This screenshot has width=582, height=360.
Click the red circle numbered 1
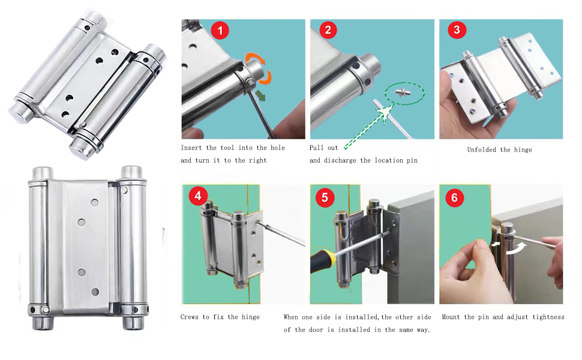[220, 31]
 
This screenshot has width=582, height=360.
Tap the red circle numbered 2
[328, 29]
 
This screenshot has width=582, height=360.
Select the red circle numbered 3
[457, 29]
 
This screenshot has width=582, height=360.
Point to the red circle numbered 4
[198, 196]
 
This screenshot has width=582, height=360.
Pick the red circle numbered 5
[325, 197]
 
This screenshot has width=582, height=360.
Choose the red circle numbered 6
[454, 197]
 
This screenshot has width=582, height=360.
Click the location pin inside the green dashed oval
[403, 92]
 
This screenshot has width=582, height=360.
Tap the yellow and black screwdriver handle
[322, 260]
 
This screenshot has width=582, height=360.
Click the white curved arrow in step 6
[517, 248]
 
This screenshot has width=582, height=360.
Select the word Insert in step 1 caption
[191, 148]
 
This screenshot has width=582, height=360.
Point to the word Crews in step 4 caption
[189, 317]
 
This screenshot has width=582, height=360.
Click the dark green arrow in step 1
[261, 96]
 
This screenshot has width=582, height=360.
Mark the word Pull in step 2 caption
[317, 148]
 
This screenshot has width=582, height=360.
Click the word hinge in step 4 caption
[251, 317]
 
